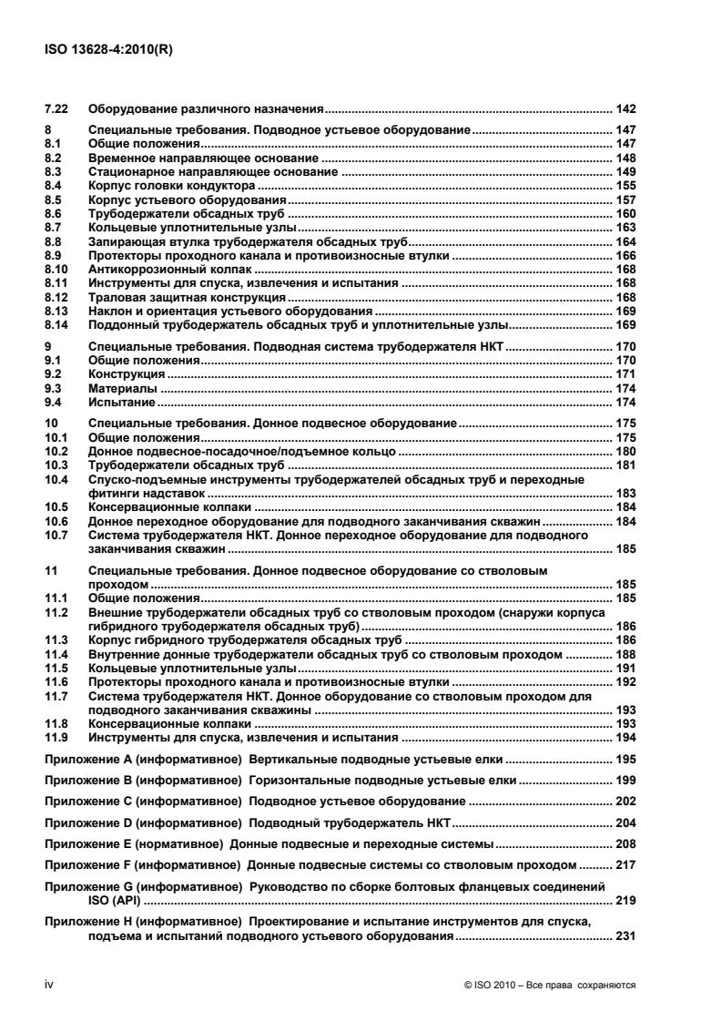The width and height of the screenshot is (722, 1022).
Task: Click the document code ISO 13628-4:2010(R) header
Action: pyautogui.click(x=108, y=51)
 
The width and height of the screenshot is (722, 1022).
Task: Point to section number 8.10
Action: pyautogui.click(x=58, y=271)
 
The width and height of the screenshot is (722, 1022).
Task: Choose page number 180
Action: pyautogui.click(x=625, y=451)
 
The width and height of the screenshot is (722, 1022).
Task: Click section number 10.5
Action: pyautogui.click(x=58, y=506)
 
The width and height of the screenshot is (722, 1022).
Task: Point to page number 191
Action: pyautogui.click(x=625, y=667)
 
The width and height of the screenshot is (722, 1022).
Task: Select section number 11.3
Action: pyautogui.click(x=58, y=641)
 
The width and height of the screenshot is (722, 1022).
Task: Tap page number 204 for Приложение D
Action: pyautogui.click(x=625, y=823)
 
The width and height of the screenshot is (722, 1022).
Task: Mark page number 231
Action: pyautogui.click(x=625, y=936)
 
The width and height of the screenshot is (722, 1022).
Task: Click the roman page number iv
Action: pyautogui.click(x=51, y=986)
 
